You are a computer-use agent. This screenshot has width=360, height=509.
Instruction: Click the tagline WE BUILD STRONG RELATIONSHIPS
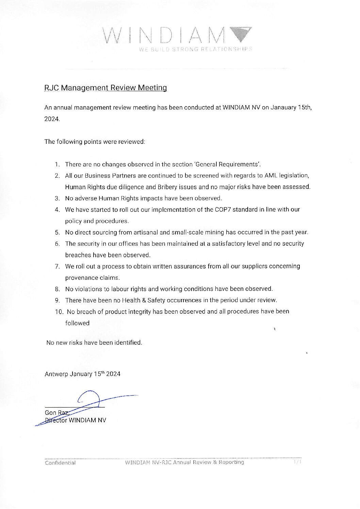point(195,49)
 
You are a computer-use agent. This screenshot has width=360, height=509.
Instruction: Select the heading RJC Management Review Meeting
point(105,88)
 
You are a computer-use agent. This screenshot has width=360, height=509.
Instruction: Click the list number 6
point(57,244)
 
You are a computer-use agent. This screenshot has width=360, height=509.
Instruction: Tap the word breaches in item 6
point(77,255)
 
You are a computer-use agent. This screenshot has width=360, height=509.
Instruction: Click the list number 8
point(57,289)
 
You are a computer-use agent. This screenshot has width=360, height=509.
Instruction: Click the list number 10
point(59,312)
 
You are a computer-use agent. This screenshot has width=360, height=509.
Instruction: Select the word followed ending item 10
point(77,323)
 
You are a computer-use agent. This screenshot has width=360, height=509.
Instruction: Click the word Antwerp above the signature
point(56,374)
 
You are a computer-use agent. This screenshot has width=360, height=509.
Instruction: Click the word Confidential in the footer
point(60,463)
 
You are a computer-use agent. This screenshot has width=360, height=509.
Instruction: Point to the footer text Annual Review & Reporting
point(208,462)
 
